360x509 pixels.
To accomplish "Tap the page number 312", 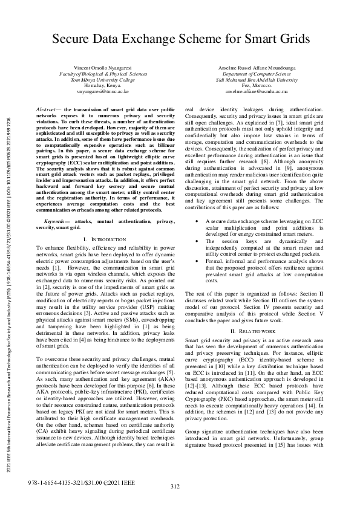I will (175, 487).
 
